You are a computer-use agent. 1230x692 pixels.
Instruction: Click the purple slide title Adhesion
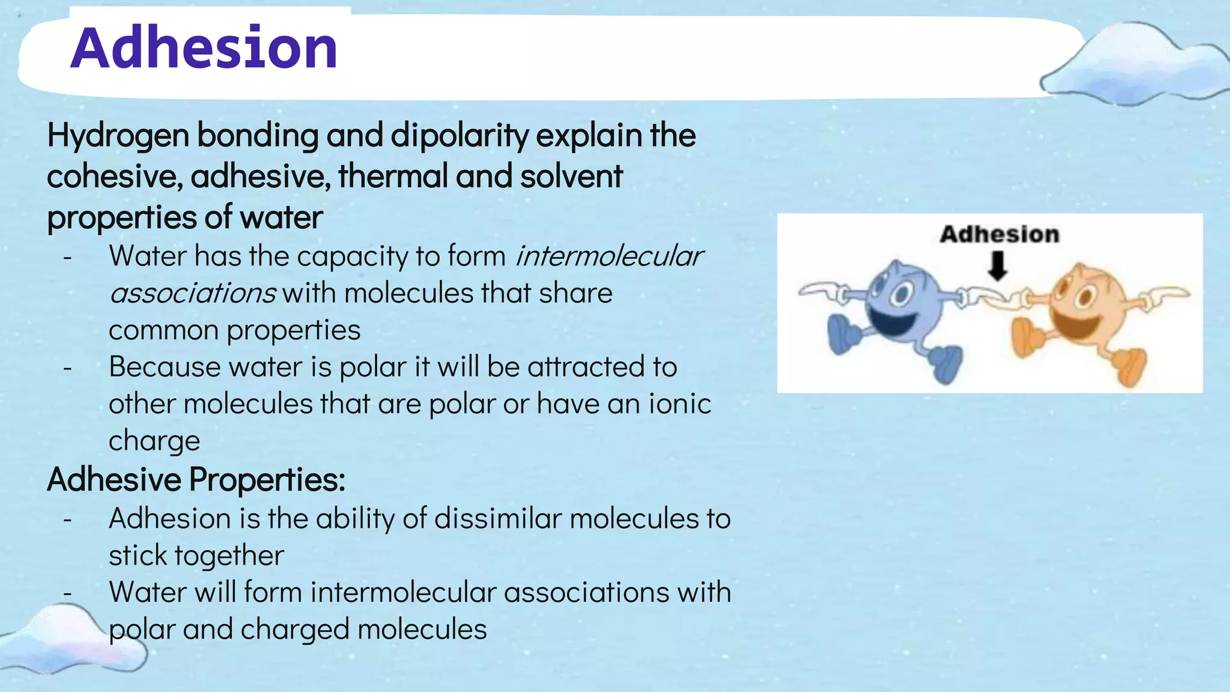click(204, 48)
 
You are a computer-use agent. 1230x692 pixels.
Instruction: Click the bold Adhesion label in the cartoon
click(999, 234)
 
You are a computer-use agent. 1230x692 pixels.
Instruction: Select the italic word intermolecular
click(608, 256)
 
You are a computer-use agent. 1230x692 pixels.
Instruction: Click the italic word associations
click(193, 294)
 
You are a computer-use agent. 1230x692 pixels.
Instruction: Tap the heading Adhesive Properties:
click(196, 480)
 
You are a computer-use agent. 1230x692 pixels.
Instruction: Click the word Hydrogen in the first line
click(118, 136)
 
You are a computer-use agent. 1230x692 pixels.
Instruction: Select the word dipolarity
click(459, 136)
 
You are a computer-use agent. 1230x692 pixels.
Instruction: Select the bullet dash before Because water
click(68, 367)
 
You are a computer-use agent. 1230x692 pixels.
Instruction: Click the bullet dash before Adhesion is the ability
click(68, 519)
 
